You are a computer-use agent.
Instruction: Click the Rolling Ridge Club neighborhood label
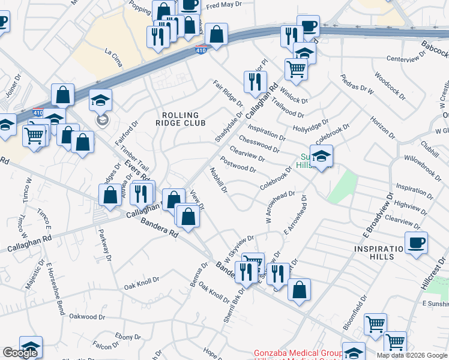(x=184, y=118)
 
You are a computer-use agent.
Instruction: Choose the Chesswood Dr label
(x=260, y=144)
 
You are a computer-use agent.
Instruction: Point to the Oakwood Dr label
(x=87, y=316)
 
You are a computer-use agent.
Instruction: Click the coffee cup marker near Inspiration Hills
(x=415, y=242)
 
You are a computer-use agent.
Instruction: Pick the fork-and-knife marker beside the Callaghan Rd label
(x=141, y=193)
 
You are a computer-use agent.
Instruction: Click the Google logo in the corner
(x=20, y=353)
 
